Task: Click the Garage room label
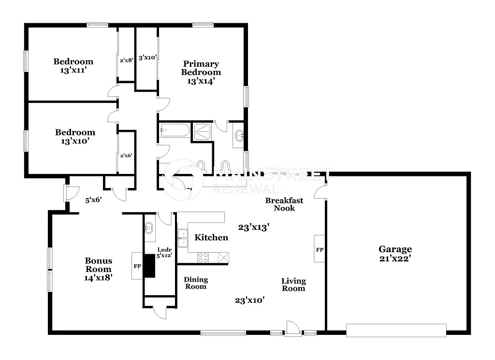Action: [x=395, y=249]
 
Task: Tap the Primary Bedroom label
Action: [x=201, y=68]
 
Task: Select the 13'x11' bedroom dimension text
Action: [x=73, y=70]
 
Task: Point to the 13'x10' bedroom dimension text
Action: [x=74, y=141]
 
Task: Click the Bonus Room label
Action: [x=99, y=265]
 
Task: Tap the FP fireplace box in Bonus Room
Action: [x=137, y=266]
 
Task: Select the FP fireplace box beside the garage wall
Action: [x=320, y=249]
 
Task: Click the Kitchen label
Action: [x=211, y=237]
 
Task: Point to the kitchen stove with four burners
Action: [x=203, y=258]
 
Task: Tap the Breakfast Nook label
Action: [x=284, y=204]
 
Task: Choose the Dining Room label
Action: [x=196, y=283]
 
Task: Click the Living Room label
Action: [x=293, y=284]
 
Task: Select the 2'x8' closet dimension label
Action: [x=126, y=60]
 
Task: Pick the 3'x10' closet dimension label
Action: [x=147, y=58]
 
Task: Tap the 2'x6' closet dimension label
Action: [x=126, y=156]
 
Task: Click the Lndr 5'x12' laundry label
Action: [x=164, y=253]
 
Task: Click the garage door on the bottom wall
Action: [x=396, y=331]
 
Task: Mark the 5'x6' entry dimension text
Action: [x=93, y=199]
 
